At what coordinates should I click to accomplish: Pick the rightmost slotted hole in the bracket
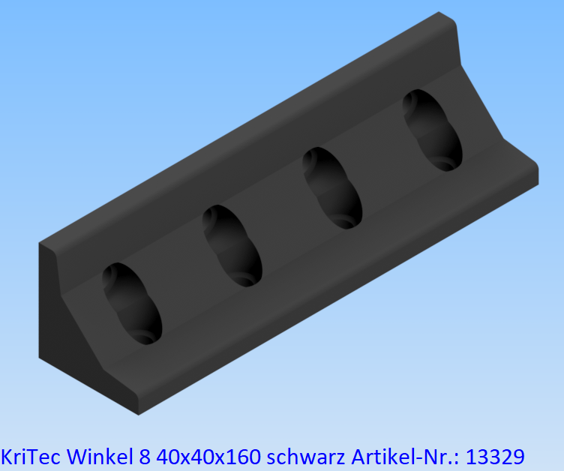[432, 130]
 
